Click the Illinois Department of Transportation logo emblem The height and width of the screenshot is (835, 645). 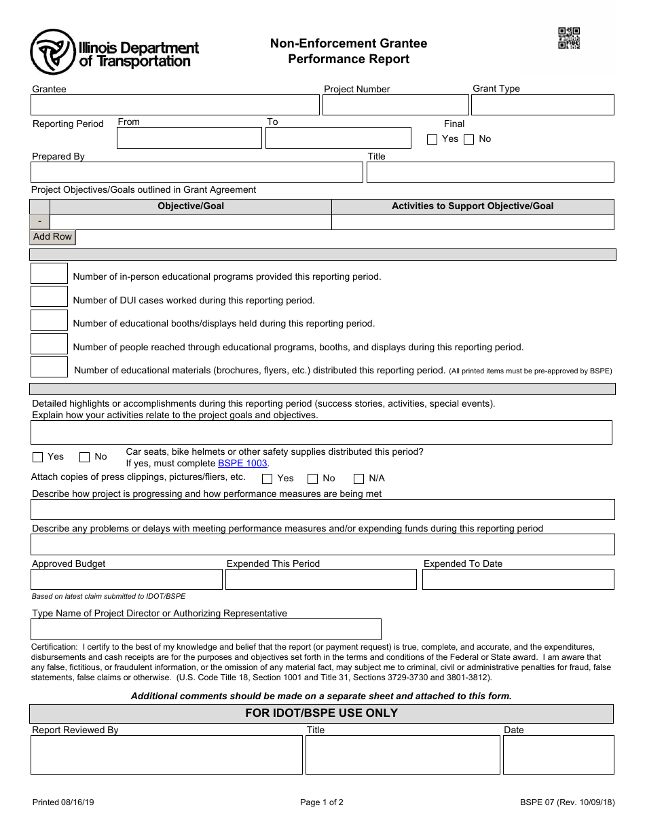[x=52, y=52]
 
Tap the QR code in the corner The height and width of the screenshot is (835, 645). [x=569, y=38]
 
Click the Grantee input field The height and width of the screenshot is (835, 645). [x=174, y=105]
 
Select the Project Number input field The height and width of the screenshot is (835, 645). [x=395, y=105]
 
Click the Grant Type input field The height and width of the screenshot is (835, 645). [x=542, y=105]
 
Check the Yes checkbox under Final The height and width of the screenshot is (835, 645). [x=432, y=139]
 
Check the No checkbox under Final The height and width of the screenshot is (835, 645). [x=468, y=139]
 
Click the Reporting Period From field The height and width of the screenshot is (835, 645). [x=189, y=138]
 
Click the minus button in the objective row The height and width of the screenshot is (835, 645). [x=40, y=222]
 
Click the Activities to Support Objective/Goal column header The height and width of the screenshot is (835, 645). [x=473, y=206]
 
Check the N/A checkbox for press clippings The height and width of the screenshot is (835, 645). [x=358, y=479]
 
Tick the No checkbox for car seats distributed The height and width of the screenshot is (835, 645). [x=85, y=457]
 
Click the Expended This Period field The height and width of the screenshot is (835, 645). [x=320, y=579]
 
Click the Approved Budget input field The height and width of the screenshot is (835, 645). [x=126, y=579]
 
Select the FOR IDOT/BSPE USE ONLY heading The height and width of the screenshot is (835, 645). [x=321, y=713]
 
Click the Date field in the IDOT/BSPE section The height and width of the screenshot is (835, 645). [x=558, y=754]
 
